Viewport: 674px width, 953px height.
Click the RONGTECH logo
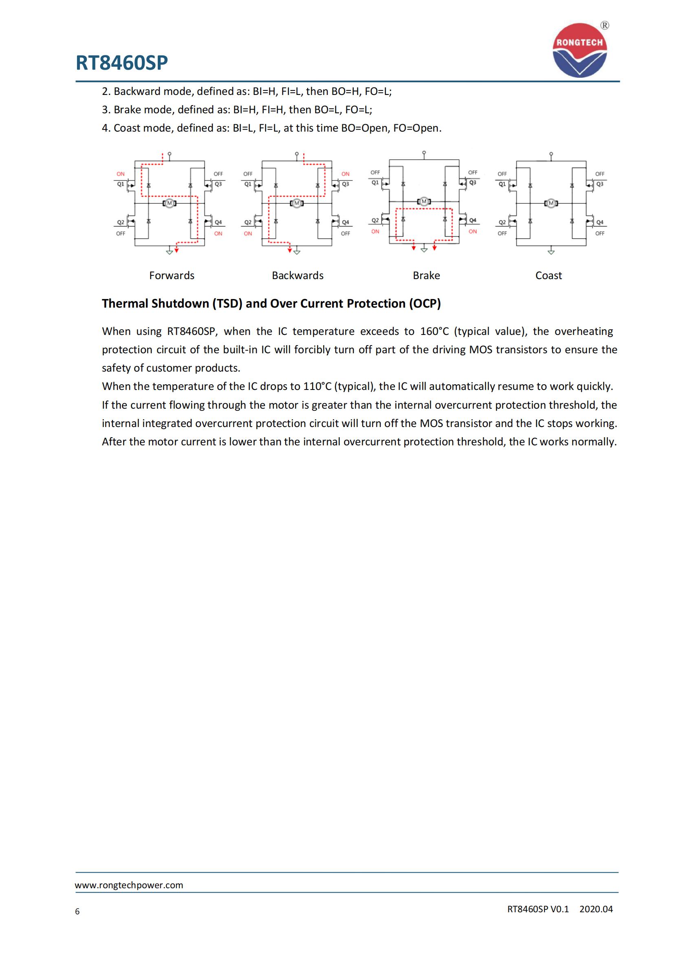(579, 50)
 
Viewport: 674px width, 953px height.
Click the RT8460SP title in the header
(121, 63)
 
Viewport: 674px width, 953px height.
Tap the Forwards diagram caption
(172, 275)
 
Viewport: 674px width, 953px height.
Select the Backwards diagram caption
(297, 275)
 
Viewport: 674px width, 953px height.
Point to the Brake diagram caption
(426, 275)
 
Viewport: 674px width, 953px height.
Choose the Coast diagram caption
(548, 275)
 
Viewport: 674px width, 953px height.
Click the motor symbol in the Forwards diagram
(170, 203)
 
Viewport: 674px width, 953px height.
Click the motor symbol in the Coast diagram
(551, 203)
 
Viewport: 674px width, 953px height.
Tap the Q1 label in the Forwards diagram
(120, 184)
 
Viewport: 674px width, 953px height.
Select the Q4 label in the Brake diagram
(473, 220)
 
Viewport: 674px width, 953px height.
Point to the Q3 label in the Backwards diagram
(345, 184)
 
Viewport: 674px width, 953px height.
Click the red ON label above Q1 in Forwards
(120, 174)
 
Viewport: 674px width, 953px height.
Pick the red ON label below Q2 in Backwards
(248, 234)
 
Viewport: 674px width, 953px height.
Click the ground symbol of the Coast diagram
(551, 251)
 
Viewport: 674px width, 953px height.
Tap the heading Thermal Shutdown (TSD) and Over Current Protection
(271, 304)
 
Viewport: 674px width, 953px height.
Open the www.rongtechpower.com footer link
(129, 885)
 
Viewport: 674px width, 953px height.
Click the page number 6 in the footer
(77, 911)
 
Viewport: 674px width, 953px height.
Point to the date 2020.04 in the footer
(596, 909)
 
